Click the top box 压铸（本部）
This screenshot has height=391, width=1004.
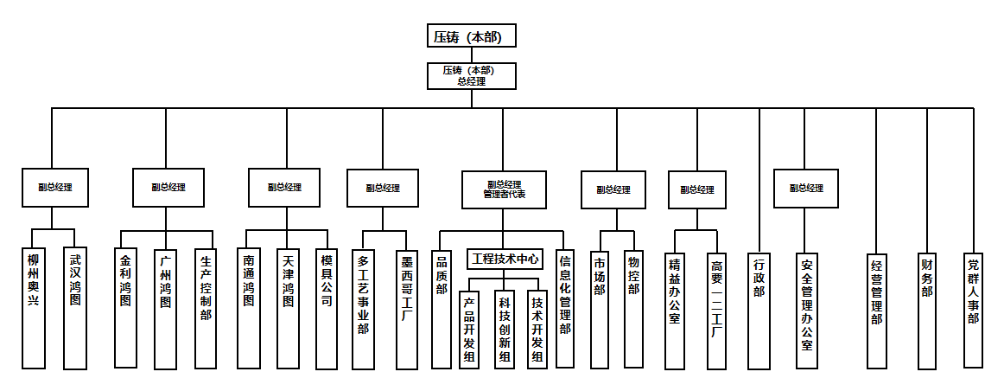[x=471, y=36]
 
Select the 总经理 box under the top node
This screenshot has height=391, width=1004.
[x=471, y=75]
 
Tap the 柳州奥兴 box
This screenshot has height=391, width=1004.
[x=33, y=307]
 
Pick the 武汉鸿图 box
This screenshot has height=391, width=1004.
[x=75, y=307]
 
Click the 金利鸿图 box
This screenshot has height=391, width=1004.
[x=125, y=307]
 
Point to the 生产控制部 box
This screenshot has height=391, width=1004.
[x=205, y=307]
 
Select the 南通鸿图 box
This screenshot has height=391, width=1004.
[x=249, y=307]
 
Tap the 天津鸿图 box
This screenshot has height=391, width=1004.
[x=288, y=307]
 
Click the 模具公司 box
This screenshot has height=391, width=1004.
[x=327, y=307]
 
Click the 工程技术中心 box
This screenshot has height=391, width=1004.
[x=505, y=258]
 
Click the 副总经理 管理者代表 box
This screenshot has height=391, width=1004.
[x=504, y=189]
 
